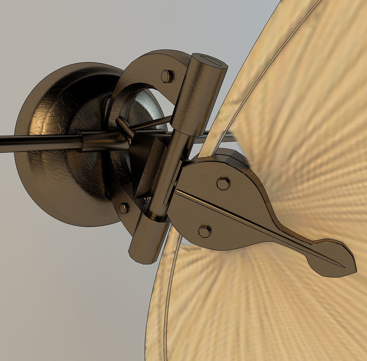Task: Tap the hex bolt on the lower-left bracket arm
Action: click(124, 209)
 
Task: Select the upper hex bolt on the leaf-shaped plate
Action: click(223, 183)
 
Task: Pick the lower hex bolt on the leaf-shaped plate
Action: click(204, 231)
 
